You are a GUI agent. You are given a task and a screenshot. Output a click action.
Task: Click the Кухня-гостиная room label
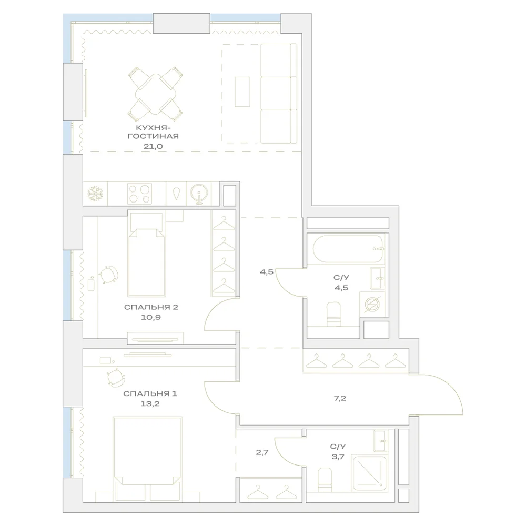click(x=153, y=132)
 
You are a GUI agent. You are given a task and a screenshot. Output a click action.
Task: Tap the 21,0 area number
click(x=153, y=146)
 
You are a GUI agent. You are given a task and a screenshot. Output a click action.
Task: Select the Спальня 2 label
click(x=151, y=307)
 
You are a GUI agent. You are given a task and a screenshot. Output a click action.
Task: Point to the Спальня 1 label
click(x=150, y=393)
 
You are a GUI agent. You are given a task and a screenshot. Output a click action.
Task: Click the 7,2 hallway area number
click(x=340, y=398)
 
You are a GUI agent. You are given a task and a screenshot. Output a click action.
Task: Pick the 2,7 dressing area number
click(x=262, y=452)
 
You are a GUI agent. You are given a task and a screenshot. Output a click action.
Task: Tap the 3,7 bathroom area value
click(x=338, y=457)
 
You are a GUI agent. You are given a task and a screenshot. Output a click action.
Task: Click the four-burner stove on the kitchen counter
click(x=139, y=194)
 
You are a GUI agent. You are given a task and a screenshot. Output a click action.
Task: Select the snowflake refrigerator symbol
click(x=95, y=194)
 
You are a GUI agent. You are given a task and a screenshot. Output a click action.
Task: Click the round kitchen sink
click(x=199, y=194)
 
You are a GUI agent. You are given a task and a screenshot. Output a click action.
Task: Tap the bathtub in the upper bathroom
click(x=348, y=249)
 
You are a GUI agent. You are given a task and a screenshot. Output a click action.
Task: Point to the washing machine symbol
click(x=372, y=304)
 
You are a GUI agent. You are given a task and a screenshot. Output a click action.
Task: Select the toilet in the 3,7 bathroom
click(x=325, y=480)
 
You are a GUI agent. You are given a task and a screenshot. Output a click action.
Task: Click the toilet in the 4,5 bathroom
click(x=333, y=314)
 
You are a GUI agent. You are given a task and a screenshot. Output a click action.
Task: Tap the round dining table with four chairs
click(x=155, y=94)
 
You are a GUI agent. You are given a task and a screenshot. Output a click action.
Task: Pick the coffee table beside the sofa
click(x=242, y=92)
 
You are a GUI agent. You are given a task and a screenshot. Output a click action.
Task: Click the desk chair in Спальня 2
click(x=108, y=275)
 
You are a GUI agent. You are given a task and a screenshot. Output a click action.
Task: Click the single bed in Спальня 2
click(x=147, y=255)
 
